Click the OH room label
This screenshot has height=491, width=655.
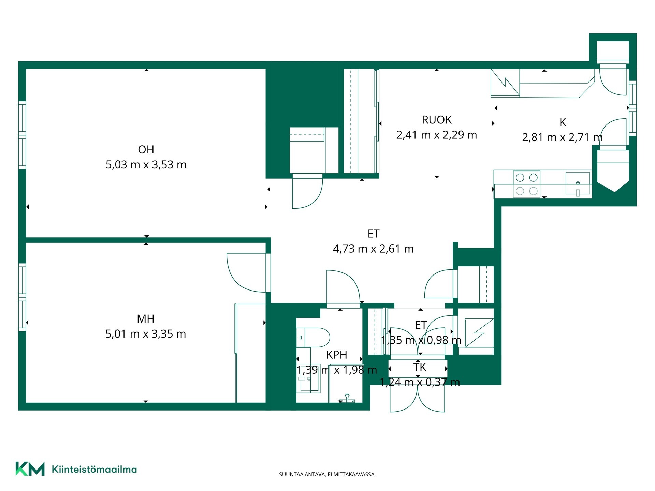pyautogui.click(x=146, y=149)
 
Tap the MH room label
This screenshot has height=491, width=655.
pyautogui.click(x=146, y=319)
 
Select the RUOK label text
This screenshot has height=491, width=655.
pyautogui.click(x=437, y=120)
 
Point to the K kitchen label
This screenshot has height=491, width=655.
pyautogui.click(x=563, y=122)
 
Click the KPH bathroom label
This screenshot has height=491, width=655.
pyautogui.click(x=337, y=355)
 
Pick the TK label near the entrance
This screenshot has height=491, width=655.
pyautogui.click(x=420, y=367)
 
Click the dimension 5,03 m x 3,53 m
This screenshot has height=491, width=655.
pyautogui.click(x=146, y=165)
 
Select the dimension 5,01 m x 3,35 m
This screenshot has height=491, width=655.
pyautogui.click(x=146, y=334)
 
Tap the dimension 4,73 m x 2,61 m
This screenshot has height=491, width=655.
pyautogui.click(x=373, y=249)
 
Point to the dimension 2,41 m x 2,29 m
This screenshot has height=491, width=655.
pyautogui.click(x=437, y=135)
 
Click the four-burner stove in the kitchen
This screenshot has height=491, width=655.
pyautogui.click(x=527, y=184)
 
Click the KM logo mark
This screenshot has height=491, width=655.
pyautogui.click(x=30, y=469)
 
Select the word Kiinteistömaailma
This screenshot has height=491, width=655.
pyautogui.click(x=94, y=469)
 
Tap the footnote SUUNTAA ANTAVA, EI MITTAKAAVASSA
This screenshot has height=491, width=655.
pyautogui.click(x=327, y=474)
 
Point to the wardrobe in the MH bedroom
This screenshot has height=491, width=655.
pyautogui.click(x=250, y=353)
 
